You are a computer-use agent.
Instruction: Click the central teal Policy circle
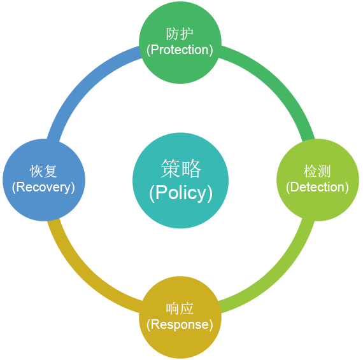(x=180, y=181)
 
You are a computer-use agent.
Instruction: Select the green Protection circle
(x=180, y=43)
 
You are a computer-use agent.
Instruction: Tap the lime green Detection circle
(x=318, y=180)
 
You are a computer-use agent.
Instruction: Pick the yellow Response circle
(x=180, y=317)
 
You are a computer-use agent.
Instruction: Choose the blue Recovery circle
(x=44, y=180)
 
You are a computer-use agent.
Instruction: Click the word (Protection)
(x=180, y=50)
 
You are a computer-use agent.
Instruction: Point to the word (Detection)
(x=317, y=187)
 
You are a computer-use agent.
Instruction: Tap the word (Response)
(x=180, y=324)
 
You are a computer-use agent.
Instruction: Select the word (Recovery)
(x=43, y=187)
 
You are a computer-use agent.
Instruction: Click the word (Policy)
(x=181, y=193)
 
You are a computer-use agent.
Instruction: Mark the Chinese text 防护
(x=180, y=34)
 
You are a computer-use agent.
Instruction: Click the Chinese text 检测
(x=317, y=171)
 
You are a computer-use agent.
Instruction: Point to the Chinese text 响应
(x=180, y=308)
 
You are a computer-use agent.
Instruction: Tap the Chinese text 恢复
(x=43, y=171)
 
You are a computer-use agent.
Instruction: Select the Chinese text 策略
(x=181, y=169)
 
